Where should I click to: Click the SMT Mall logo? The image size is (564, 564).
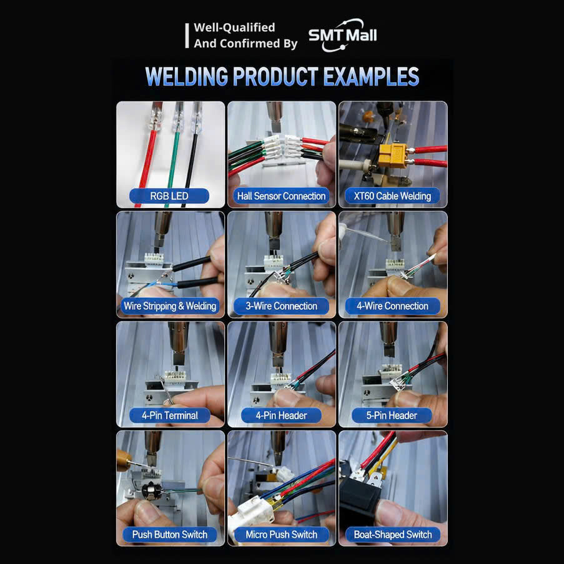pyautogui.click(x=342, y=35)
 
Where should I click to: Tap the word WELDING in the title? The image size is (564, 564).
pyautogui.click(x=186, y=76)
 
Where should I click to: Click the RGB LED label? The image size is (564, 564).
pyautogui.click(x=169, y=196)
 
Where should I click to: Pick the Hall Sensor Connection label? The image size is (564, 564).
pyautogui.click(x=281, y=196)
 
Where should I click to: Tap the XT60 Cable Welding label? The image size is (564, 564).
pyautogui.click(x=392, y=196)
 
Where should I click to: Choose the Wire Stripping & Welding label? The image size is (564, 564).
pyautogui.click(x=170, y=306)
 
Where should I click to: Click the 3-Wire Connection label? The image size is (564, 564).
pyautogui.click(x=281, y=306)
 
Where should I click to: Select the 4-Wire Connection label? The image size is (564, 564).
pyautogui.click(x=392, y=306)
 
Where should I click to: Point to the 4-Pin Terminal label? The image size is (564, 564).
pyautogui.click(x=170, y=415)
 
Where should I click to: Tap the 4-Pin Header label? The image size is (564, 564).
pyautogui.click(x=281, y=415)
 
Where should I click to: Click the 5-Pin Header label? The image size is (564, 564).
pyautogui.click(x=392, y=415)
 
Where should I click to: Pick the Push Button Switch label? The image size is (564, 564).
pyautogui.click(x=170, y=535)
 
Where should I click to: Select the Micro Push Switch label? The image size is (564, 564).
pyautogui.click(x=281, y=535)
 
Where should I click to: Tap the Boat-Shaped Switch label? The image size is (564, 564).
pyautogui.click(x=393, y=535)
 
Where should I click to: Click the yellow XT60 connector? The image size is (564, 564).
pyautogui.click(x=393, y=156)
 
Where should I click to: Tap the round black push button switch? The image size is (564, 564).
pyautogui.click(x=152, y=490)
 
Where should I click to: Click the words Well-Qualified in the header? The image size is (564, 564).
pyautogui.click(x=234, y=27)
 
